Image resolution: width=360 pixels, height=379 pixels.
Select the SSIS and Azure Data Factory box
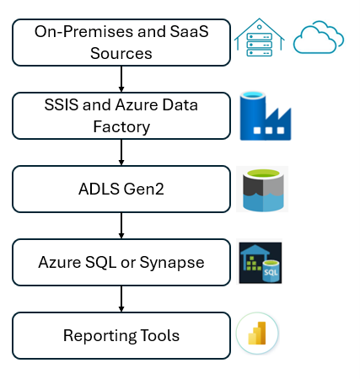[121, 115]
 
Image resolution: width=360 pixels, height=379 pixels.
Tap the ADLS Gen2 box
[121, 188]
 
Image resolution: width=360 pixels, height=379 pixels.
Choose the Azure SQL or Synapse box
[121, 262]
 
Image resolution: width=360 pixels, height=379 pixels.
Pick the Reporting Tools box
[121, 335]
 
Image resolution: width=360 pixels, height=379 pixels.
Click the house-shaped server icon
[260, 39]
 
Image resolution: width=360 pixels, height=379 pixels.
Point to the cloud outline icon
[319, 39]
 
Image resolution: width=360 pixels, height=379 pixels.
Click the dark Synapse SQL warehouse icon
[261, 263]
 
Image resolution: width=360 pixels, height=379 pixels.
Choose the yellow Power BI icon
[257, 336]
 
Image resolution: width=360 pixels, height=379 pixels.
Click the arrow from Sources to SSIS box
[122, 78]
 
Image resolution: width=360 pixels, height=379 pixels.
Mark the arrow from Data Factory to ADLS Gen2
[122, 152]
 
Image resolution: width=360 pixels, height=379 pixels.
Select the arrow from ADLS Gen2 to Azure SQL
[122, 225]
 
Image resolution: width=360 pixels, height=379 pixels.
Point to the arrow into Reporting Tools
[122, 298]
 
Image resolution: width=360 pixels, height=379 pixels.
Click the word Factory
[121, 126]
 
